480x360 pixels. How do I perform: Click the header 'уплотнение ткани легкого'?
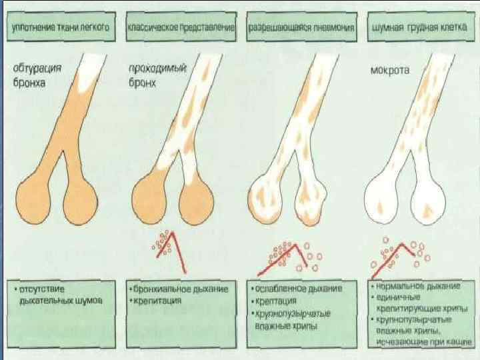59,29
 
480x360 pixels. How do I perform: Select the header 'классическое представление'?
181,29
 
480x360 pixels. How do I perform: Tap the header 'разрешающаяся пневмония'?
300,29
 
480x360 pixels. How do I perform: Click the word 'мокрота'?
390,69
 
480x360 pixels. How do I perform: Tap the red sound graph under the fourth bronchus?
400,257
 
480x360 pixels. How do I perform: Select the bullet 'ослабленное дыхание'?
297,289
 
